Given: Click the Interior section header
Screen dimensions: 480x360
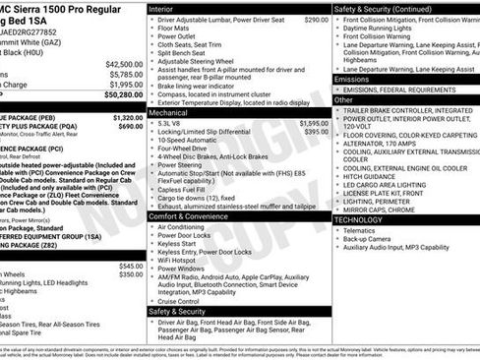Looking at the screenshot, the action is click(161, 8).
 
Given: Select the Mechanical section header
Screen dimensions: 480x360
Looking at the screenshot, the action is click(169, 113).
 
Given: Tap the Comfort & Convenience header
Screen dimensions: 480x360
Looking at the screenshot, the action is click(190, 215).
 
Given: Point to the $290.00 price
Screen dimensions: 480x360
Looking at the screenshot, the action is click(316, 19).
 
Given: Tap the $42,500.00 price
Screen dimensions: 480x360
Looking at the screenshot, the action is click(122, 63).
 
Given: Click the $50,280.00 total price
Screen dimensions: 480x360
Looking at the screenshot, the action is click(122, 96).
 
